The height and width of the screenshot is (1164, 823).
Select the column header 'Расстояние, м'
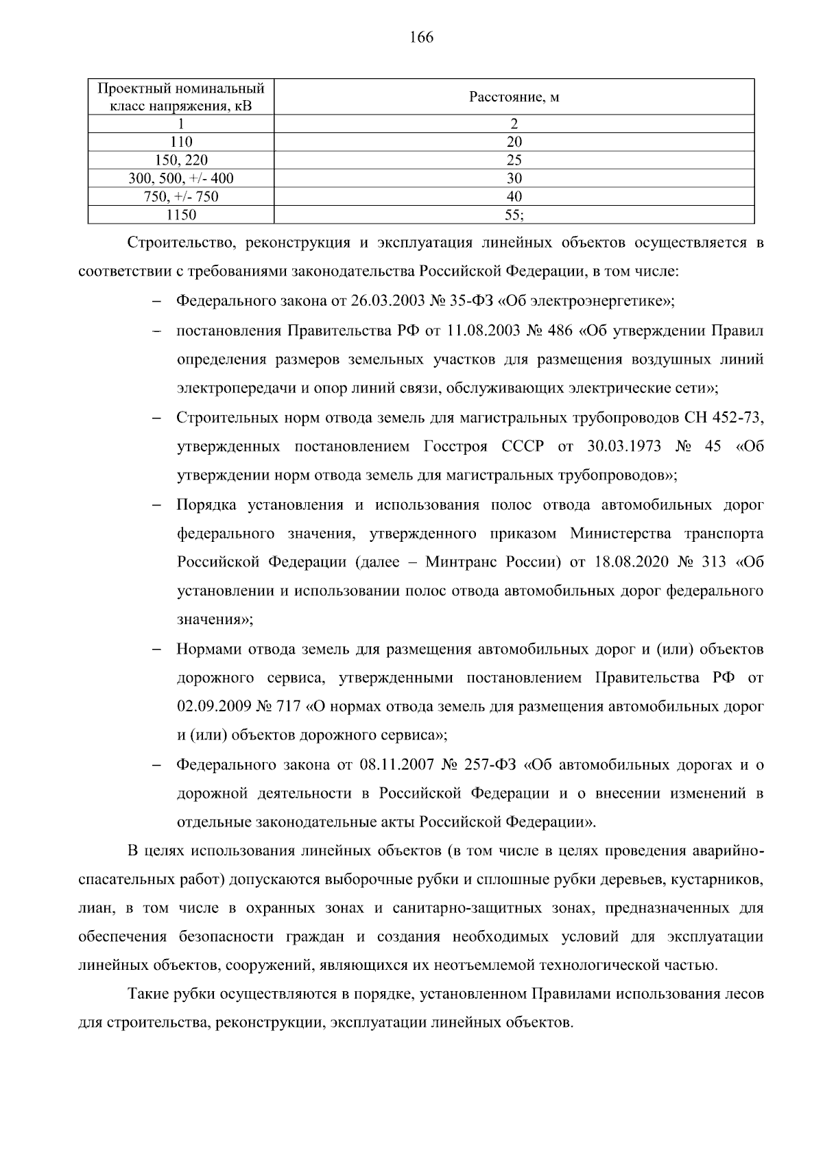514,97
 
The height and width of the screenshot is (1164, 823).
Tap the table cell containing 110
181,142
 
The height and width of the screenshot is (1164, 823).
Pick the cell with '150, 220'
181,161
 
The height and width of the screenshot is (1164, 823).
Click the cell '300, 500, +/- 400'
181,179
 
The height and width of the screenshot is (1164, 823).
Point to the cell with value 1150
181,215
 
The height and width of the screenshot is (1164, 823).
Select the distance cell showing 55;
514,215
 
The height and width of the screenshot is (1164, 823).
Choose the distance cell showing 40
514,197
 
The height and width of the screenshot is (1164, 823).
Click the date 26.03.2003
388,301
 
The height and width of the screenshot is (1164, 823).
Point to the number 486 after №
558,331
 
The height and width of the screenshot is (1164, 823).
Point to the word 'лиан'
95,909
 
